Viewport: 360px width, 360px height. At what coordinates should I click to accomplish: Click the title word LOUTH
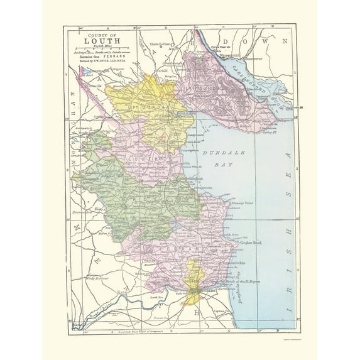coord(98,43)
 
